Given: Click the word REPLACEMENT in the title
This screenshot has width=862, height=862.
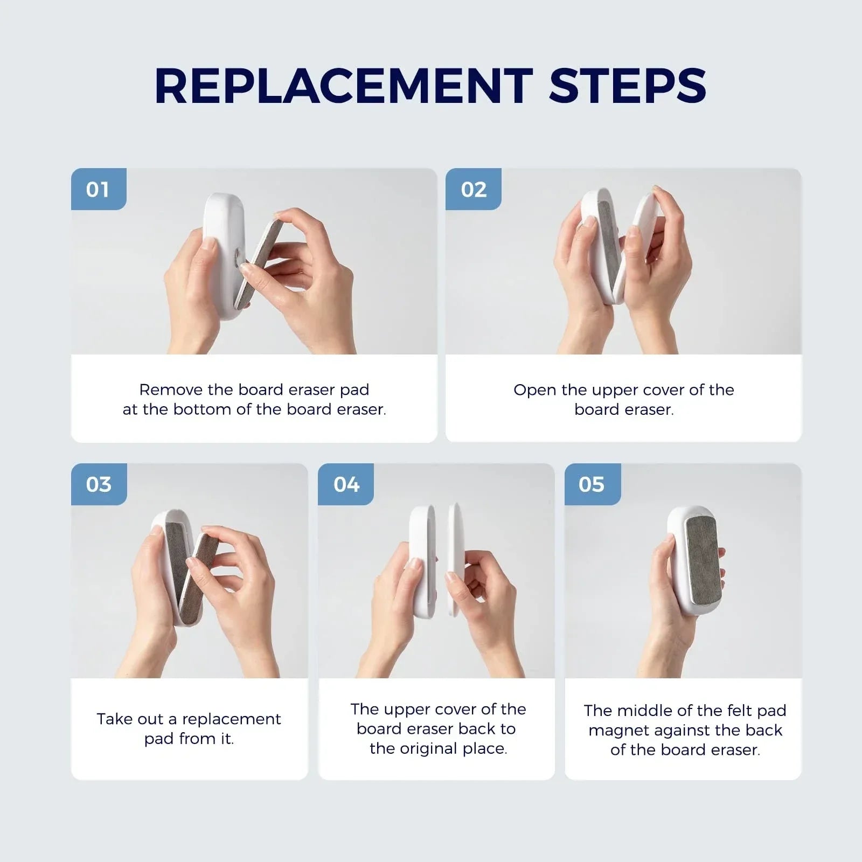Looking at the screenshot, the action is click(344, 86).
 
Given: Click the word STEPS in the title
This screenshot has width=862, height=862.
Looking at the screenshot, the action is click(628, 86).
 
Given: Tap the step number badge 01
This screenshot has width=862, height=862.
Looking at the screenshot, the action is click(99, 189).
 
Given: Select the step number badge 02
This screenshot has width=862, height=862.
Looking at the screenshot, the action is click(473, 189).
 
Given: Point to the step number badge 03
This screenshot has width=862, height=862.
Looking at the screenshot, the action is click(99, 484).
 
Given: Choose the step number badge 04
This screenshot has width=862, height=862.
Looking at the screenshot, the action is click(346, 484).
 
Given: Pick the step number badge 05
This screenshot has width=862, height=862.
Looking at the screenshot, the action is click(592, 484).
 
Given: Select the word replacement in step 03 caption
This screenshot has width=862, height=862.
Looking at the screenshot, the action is click(232, 720).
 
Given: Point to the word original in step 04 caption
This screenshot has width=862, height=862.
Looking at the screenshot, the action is click(443, 749).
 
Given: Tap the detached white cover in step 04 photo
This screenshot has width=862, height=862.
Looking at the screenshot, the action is click(456, 560).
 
